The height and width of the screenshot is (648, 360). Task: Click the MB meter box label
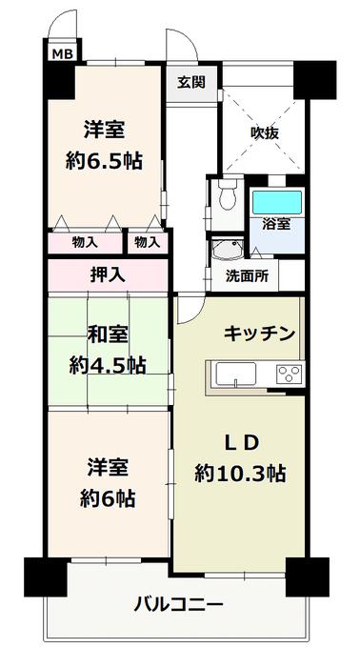click(63, 54)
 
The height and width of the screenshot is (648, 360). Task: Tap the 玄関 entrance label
click(191, 83)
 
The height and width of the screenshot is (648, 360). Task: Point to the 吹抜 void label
click(265, 133)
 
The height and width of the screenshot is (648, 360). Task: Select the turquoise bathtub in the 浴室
click(277, 202)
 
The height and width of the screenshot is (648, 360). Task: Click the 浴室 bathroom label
click(276, 224)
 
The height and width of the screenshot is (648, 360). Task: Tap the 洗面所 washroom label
click(247, 276)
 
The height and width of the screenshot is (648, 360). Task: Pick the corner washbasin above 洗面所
click(226, 250)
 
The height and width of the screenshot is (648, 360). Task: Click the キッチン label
click(260, 334)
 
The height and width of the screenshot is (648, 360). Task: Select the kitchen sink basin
click(236, 374)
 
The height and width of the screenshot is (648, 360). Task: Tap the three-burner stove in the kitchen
click(289, 375)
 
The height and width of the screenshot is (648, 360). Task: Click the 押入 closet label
click(108, 274)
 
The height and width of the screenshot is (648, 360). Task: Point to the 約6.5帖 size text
click(104, 161)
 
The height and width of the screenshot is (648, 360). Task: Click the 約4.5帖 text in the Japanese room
click(107, 365)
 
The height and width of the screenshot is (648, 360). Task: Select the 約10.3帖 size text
click(240, 474)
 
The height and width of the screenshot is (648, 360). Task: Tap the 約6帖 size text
click(108, 499)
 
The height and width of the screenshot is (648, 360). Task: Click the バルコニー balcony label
click(178, 605)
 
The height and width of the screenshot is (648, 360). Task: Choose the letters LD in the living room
click(242, 442)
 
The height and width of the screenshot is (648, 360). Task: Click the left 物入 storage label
click(85, 243)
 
